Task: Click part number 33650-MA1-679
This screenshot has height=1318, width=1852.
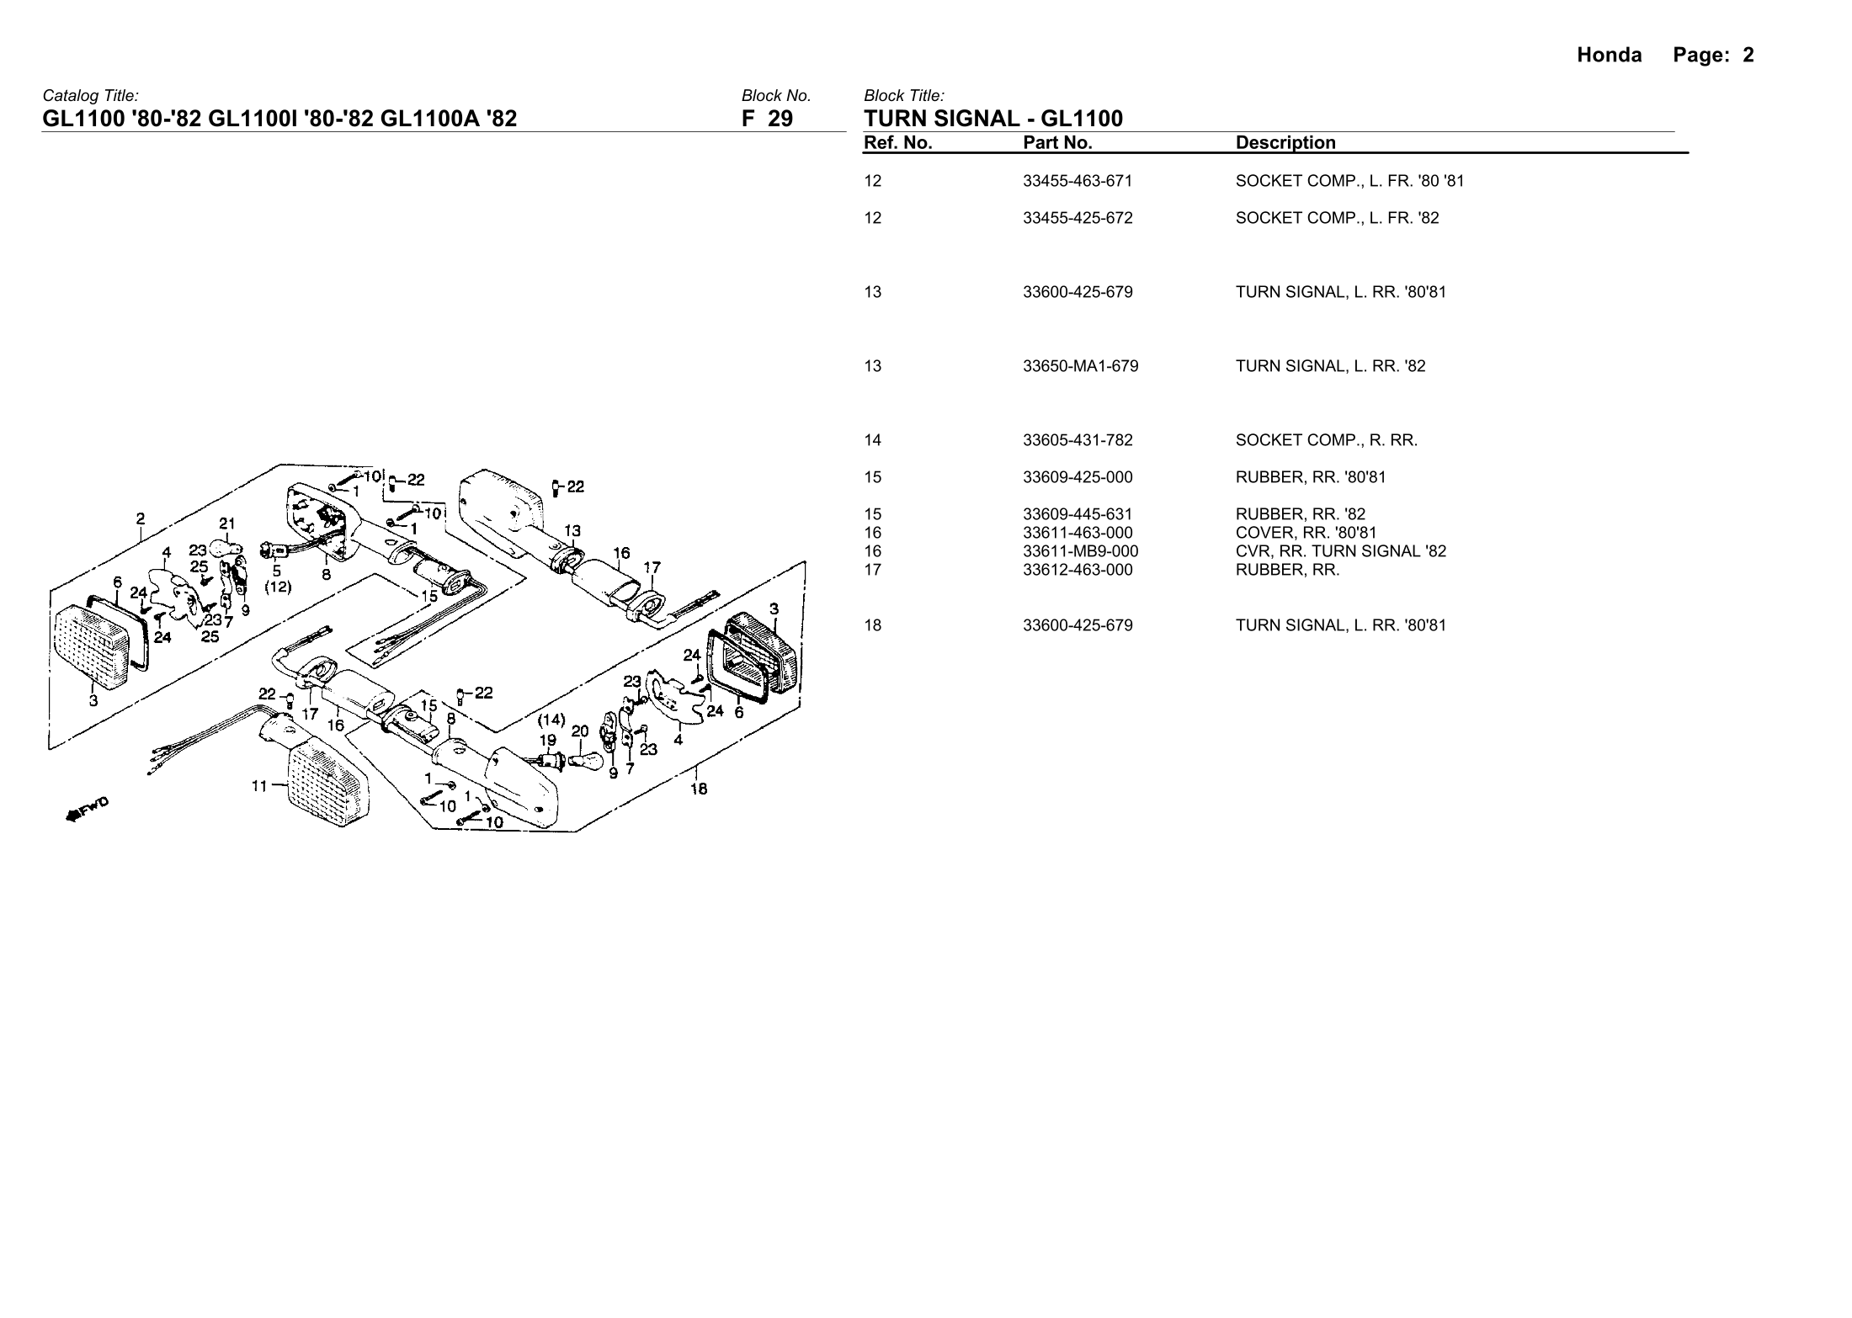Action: (x=1080, y=366)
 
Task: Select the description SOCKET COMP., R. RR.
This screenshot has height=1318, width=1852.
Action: (x=1326, y=440)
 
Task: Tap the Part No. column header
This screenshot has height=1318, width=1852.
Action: (x=1057, y=143)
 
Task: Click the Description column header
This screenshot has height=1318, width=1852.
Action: (x=1285, y=143)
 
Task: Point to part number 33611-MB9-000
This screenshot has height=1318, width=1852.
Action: (x=1080, y=551)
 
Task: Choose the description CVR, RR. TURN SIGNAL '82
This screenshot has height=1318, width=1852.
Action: (x=1340, y=551)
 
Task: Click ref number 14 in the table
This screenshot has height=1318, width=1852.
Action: (x=872, y=440)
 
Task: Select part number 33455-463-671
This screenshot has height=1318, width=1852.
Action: (x=1078, y=181)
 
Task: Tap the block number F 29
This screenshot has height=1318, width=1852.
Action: (x=766, y=119)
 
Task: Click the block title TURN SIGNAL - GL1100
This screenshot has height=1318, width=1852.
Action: (x=993, y=119)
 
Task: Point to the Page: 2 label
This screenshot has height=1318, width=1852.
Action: (x=1713, y=56)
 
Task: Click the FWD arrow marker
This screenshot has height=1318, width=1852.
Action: (x=87, y=810)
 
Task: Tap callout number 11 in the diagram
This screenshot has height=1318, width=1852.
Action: (x=259, y=786)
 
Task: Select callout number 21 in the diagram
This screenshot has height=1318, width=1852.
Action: (x=226, y=523)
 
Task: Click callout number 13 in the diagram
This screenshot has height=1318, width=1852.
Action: (x=572, y=531)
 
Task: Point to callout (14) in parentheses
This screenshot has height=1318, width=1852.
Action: (x=551, y=720)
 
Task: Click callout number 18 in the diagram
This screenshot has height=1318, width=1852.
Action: (x=699, y=789)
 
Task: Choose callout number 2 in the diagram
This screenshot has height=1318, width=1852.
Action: (x=141, y=518)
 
